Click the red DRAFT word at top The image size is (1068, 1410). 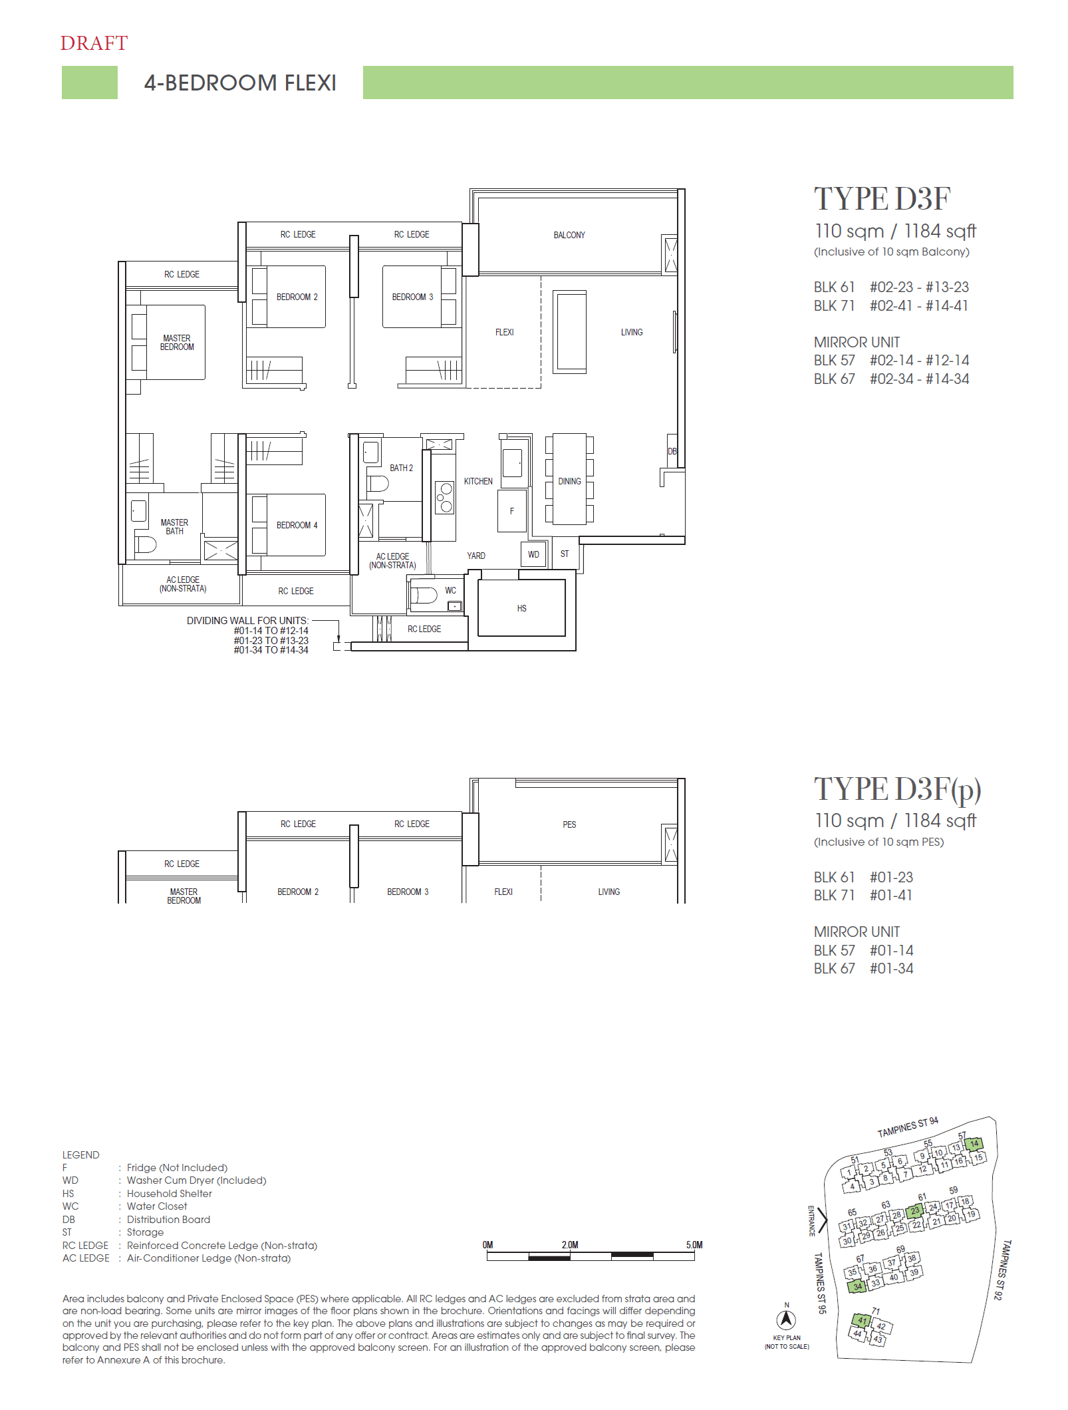click(94, 43)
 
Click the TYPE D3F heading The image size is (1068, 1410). click(882, 199)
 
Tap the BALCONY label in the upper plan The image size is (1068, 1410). click(569, 235)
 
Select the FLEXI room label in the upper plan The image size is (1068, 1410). click(504, 332)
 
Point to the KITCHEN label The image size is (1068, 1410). click(478, 481)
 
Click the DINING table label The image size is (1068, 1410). click(569, 481)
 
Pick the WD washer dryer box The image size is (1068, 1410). click(533, 554)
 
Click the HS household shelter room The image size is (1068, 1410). click(521, 608)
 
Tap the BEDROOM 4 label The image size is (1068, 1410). click(297, 525)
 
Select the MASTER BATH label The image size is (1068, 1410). click(174, 527)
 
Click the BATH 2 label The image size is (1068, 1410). click(401, 468)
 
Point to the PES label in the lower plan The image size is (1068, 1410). click(569, 824)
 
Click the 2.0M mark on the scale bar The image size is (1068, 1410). click(570, 1245)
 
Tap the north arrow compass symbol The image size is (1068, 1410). click(786, 1319)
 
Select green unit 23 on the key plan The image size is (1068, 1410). click(915, 1211)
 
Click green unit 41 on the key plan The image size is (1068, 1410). click(862, 1320)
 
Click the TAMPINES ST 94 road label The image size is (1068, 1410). click(908, 1127)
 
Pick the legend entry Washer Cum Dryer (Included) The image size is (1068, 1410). click(196, 1180)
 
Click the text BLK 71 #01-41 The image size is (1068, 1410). click(863, 896)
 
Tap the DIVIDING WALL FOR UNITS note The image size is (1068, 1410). click(247, 620)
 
